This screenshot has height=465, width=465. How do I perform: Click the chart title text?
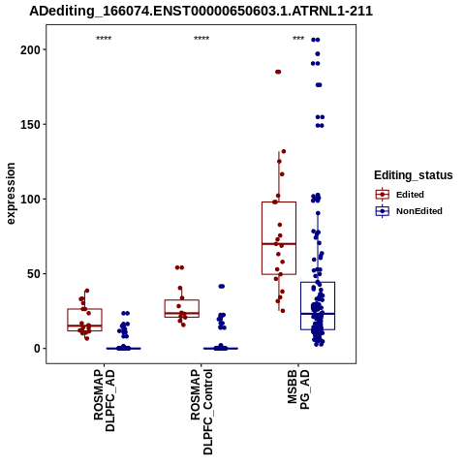pos(201,11)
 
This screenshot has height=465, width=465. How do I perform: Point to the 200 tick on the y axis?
pos(30,49)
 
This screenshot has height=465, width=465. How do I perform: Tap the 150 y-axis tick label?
pos(30,124)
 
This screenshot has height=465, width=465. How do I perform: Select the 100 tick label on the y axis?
pos(30,199)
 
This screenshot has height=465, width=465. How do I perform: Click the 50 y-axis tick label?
pos(34,274)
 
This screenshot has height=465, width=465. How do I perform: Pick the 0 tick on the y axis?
pos(37,349)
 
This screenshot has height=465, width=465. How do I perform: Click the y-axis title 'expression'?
pos(11,194)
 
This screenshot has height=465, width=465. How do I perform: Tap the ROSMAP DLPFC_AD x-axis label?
pos(104,400)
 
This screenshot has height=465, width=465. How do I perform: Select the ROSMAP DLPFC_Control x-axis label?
pos(201,412)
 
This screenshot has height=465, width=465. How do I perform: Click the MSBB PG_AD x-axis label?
pos(298,389)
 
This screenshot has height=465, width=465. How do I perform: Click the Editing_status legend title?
pos(414,175)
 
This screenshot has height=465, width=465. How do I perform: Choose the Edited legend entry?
pos(400,195)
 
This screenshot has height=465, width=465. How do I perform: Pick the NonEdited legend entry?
pos(409,211)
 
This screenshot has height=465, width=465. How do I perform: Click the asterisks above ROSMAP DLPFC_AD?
pos(104,39)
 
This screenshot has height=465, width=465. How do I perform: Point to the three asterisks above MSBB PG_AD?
pos(298,39)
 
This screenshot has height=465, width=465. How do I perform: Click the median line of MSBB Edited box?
pos(279,243)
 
